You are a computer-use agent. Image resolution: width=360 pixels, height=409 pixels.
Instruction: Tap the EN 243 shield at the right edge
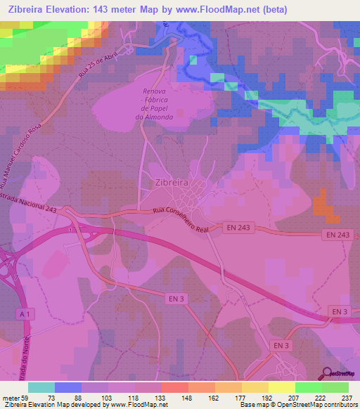click(x=338, y=234)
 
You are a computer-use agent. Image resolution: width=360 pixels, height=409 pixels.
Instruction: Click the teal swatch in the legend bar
click(x=41, y=387)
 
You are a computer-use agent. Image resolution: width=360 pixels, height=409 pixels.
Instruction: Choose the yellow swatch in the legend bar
click(x=281, y=387)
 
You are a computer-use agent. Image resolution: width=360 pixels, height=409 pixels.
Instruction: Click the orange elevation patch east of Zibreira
click(x=322, y=203)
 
